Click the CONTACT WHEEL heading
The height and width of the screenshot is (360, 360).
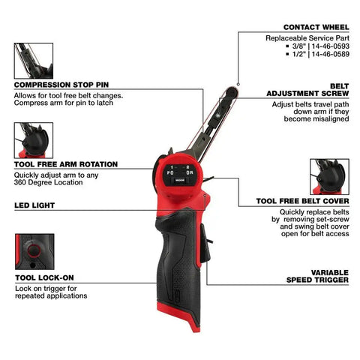point(316,27)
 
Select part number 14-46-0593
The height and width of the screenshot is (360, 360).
point(330,46)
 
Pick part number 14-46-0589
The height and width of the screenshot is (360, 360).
point(330,54)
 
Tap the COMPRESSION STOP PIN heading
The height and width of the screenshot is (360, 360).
point(61,85)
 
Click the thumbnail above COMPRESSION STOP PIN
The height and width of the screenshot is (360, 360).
point(34,61)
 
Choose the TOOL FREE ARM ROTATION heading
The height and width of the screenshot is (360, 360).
point(66,164)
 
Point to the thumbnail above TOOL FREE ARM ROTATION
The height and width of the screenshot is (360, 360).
point(34,140)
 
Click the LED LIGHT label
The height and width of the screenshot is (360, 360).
point(34,205)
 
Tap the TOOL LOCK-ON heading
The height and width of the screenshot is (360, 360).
point(44,277)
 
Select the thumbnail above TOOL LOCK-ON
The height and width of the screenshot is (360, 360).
point(34,252)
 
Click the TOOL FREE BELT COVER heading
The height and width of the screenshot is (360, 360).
point(302,201)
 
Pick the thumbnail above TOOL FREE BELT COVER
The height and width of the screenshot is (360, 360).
point(329,177)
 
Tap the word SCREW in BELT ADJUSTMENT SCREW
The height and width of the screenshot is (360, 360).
point(335,93)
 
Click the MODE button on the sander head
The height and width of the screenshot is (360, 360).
point(180,180)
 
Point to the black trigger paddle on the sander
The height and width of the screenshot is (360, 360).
point(205,243)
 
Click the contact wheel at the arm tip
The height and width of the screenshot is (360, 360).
point(231,91)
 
